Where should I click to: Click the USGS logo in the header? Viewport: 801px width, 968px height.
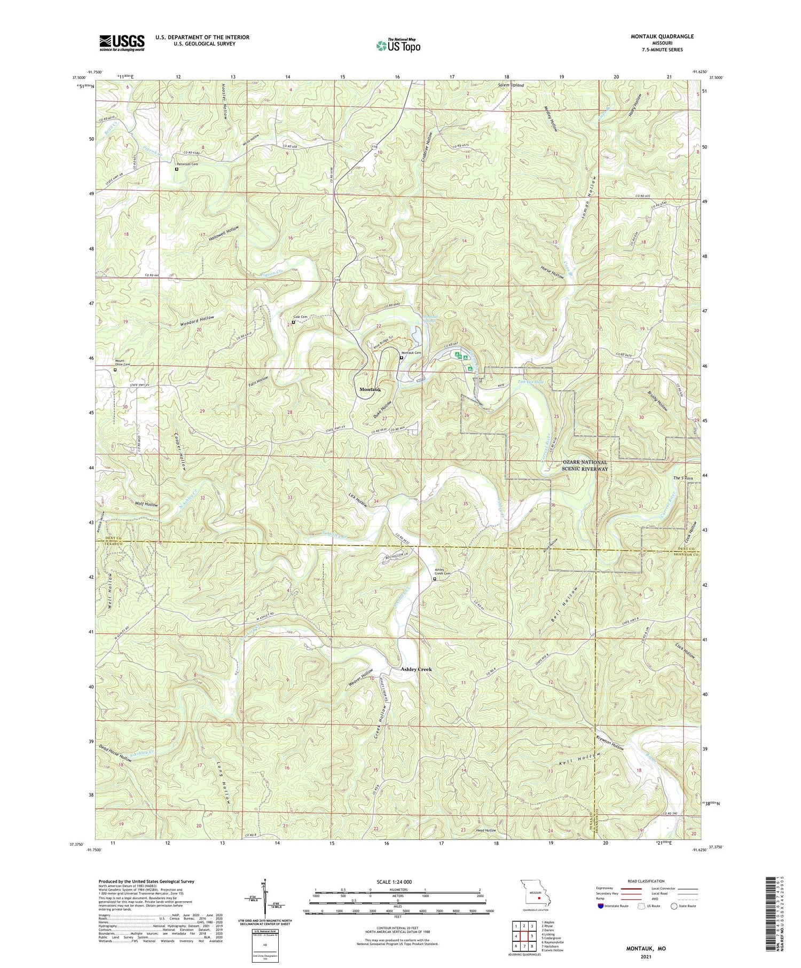[121, 42]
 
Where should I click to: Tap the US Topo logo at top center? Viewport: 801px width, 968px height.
[398, 46]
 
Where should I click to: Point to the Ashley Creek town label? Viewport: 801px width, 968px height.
[416, 669]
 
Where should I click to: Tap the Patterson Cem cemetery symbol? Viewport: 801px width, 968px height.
[177, 169]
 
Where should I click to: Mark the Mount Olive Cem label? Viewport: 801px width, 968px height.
[122, 363]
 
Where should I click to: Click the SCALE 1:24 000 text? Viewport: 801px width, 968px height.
[394, 882]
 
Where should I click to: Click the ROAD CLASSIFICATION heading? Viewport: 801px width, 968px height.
[646, 881]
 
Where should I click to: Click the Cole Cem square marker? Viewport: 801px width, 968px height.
[293, 322]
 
